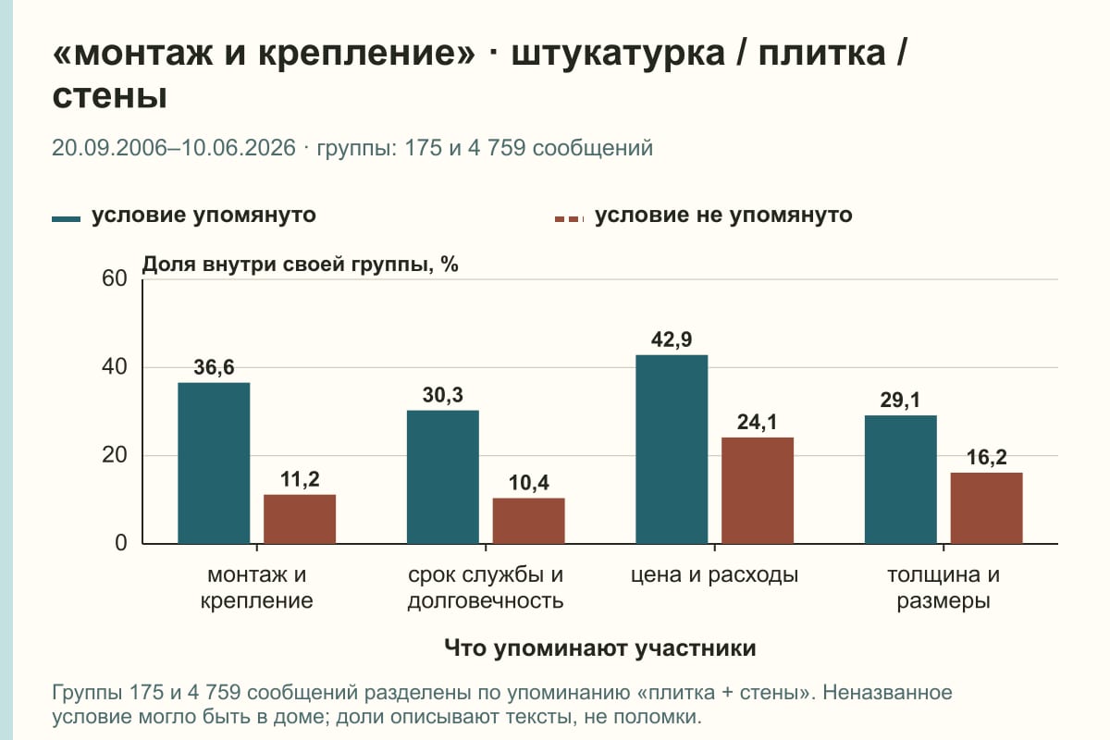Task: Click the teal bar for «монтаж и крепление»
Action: tap(214, 462)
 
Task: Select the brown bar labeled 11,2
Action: tap(300, 519)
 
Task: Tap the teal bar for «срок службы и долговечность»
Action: tap(442, 476)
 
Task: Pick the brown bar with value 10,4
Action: tap(528, 521)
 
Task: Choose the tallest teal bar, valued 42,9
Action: tap(672, 449)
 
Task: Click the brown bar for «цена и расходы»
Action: tap(758, 490)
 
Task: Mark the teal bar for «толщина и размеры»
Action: tap(900, 480)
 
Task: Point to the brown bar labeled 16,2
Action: tap(986, 508)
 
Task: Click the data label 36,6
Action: tap(214, 367)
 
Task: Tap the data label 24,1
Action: tap(758, 423)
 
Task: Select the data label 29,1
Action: tap(900, 400)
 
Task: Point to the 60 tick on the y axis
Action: tap(115, 278)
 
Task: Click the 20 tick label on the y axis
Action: tap(115, 455)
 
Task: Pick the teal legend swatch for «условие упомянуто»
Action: tap(66, 219)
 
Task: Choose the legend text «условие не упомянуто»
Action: tap(723, 216)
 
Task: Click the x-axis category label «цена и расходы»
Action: tap(714, 575)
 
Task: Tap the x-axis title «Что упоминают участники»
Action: tap(600, 647)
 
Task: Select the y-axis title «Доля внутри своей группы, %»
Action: tap(301, 265)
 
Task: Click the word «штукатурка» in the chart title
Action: tap(618, 54)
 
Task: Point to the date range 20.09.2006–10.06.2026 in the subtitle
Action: tap(174, 148)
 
